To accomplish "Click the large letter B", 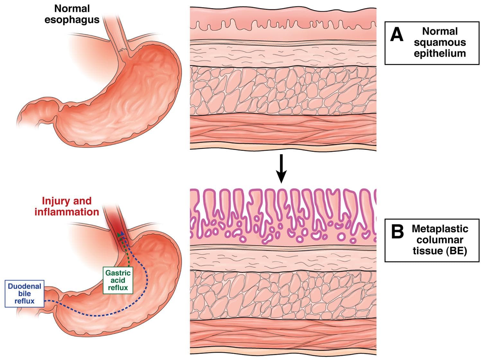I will point(397,232).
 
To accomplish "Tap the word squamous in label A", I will point(440,42).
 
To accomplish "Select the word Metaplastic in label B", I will point(440,229).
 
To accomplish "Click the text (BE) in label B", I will point(456,250).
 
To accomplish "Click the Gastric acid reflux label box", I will point(118,280).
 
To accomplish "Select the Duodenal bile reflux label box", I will point(24,294).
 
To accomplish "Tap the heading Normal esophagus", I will point(72,14).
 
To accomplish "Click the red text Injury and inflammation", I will point(67,206).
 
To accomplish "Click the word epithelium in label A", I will point(440,53).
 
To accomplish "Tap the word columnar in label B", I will point(440,240).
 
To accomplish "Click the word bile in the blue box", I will point(24,294).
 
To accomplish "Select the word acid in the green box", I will point(118,280).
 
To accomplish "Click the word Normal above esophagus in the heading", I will point(72,8).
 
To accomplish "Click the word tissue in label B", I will point(427,250).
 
